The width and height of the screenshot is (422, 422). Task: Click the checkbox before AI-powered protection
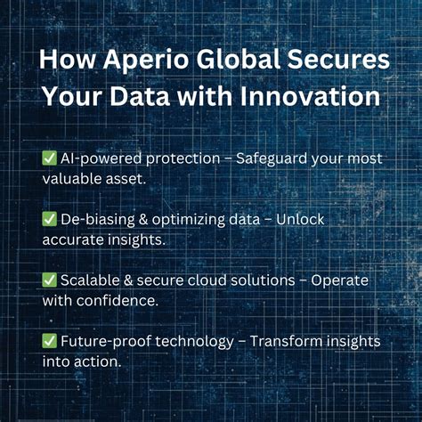(50, 158)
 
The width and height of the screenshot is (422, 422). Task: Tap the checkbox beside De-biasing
(50, 218)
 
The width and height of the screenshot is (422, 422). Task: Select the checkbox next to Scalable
(50, 279)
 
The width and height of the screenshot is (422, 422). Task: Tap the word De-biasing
(99, 218)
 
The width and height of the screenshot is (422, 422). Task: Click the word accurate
(73, 239)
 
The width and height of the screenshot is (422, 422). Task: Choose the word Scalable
(92, 279)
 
